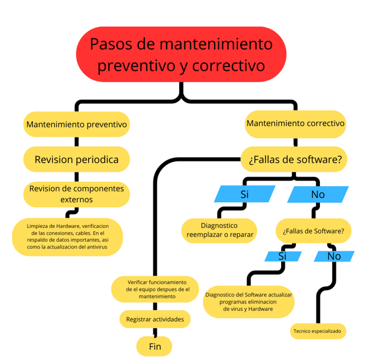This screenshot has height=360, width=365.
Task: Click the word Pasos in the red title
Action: (111, 44)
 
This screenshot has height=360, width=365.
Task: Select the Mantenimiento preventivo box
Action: (77, 124)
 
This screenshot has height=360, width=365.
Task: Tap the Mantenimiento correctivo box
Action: (295, 124)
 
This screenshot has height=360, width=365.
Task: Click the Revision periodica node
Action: (77, 160)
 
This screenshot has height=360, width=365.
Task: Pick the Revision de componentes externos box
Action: (77, 194)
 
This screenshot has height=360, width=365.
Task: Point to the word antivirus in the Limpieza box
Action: (97, 247)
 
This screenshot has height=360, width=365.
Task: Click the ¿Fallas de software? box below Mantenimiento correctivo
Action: (294, 160)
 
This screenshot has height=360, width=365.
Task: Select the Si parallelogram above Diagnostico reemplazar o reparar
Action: (245, 194)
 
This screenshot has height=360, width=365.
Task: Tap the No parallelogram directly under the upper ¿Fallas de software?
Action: (318, 194)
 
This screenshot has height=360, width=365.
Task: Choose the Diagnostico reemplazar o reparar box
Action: (219, 230)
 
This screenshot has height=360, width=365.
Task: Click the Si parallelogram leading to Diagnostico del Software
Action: (283, 256)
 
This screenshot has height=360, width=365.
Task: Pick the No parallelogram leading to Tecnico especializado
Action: (334, 256)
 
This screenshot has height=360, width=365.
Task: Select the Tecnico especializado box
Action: (318, 331)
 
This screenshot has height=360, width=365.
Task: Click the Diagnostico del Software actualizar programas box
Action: (249, 302)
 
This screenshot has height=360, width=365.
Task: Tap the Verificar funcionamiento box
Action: (155, 289)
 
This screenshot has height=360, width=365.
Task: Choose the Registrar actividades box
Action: (155, 319)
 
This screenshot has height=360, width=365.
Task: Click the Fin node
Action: (154, 346)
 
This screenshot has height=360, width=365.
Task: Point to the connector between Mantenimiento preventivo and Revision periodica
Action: (77, 142)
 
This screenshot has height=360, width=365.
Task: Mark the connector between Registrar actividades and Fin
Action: (155, 332)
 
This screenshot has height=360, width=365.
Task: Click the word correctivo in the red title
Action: (228, 66)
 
